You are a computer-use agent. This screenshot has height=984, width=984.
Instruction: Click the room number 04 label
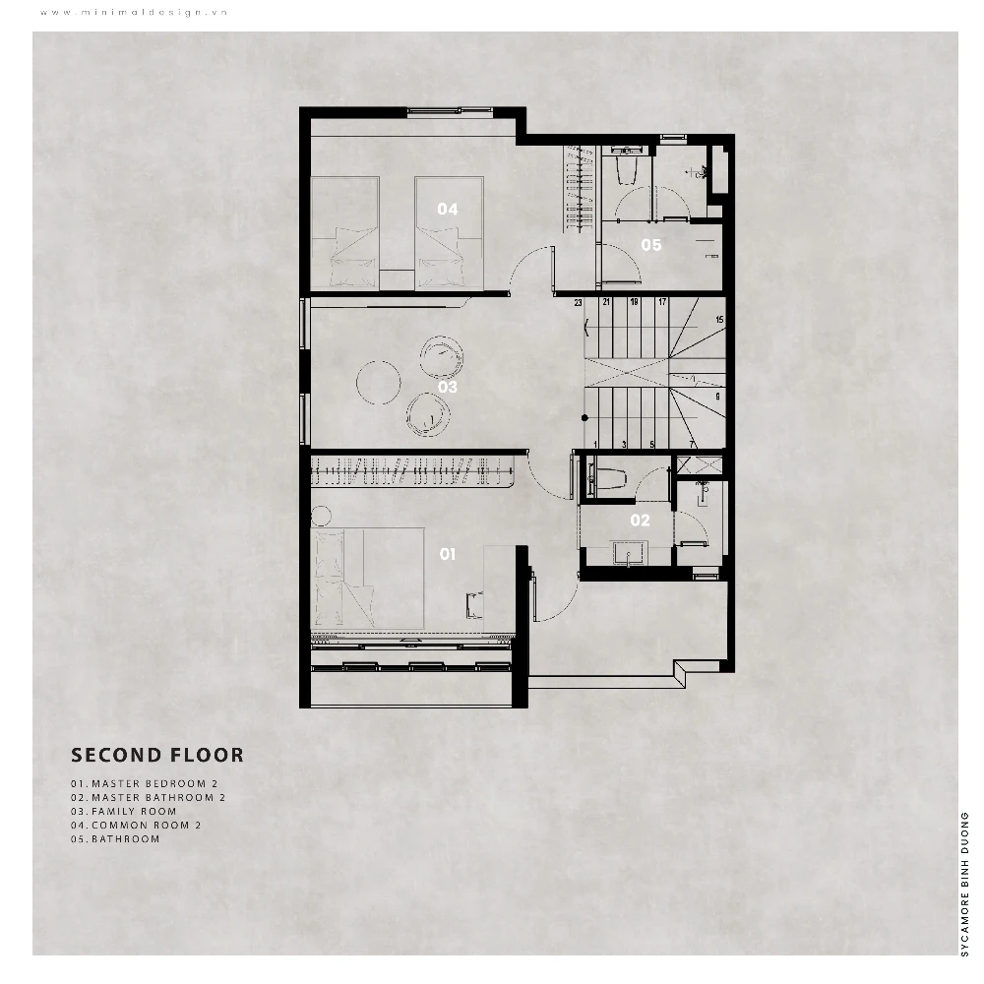click(x=448, y=209)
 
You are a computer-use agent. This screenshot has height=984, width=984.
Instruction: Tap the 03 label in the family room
click(x=448, y=387)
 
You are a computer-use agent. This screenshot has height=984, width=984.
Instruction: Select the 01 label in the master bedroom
click(x=447, y=554)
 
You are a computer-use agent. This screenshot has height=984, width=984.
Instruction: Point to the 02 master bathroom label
click(x=641, y=521)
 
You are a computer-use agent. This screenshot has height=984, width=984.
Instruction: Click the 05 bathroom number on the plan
click(x=651, y=245)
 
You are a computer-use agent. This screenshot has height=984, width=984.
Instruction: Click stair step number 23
click(x=578, y=303)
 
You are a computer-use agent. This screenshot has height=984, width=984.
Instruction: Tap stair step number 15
click(x=719, y=320)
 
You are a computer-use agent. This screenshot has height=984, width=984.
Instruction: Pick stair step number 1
click(x=595, y=445)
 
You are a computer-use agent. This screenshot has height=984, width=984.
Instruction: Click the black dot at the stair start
click(x=584, y=418)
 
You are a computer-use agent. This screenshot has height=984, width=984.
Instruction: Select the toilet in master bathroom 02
click(x=607, y=481)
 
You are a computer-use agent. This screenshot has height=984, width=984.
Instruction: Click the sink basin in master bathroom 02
click(x=628, y=554)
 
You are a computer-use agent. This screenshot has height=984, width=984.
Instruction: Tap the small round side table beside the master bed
click(x=321, y=516)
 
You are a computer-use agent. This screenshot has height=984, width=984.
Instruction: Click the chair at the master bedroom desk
click(x=474, y=605)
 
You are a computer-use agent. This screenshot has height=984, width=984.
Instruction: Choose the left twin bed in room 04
click(x=345, y=233)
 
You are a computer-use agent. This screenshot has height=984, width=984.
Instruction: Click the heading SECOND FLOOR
click(x=156, y=755)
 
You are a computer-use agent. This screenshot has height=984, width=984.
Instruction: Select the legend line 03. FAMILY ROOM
click(x=124, y=812)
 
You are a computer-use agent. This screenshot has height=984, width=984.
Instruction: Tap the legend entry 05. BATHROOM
click(x=115, y=839)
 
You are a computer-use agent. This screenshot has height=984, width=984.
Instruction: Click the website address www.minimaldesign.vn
click(x=134, y=13)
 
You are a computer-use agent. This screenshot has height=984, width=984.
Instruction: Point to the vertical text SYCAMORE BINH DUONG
click(x=965, y=885)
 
